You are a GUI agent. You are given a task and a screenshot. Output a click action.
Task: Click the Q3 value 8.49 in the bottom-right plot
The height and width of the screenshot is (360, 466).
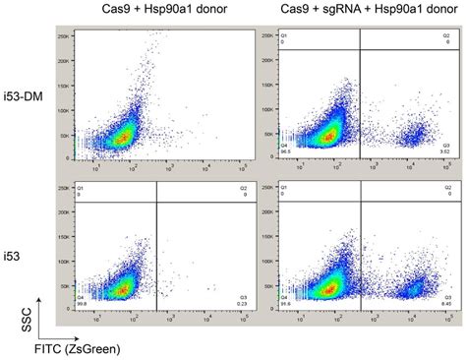(x=443, y=305)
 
